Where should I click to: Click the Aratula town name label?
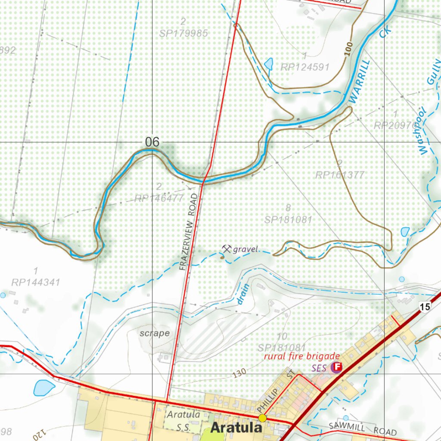[x=236, y=428]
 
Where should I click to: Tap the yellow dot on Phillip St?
[x=262, y=418]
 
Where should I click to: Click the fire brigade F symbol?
[x=337, y=367]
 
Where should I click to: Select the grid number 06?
[x=152, y=142]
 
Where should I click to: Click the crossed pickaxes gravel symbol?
[x=227, y=248]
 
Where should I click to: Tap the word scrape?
[x=154, y=333]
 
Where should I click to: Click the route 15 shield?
[x=425, y=307]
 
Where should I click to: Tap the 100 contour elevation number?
[x=348, y=49]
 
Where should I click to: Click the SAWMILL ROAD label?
[x=362, y=429]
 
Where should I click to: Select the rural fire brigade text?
[x=302, y=356]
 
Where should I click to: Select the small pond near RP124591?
[x=269, y=64]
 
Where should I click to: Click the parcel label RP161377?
[x=339, y=174]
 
